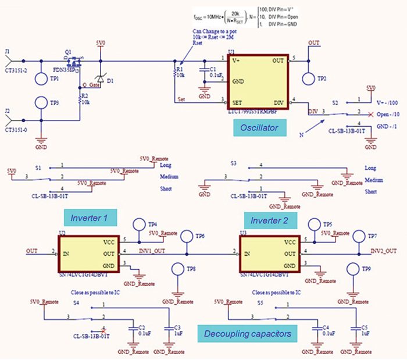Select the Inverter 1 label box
(x=90, y=218)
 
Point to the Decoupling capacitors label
(x=248, y=333)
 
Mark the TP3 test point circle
(x=41, y=103)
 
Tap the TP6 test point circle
(x=187, y=237)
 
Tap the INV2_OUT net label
(x=384, y=251)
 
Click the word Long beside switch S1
(x=165, y=165)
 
